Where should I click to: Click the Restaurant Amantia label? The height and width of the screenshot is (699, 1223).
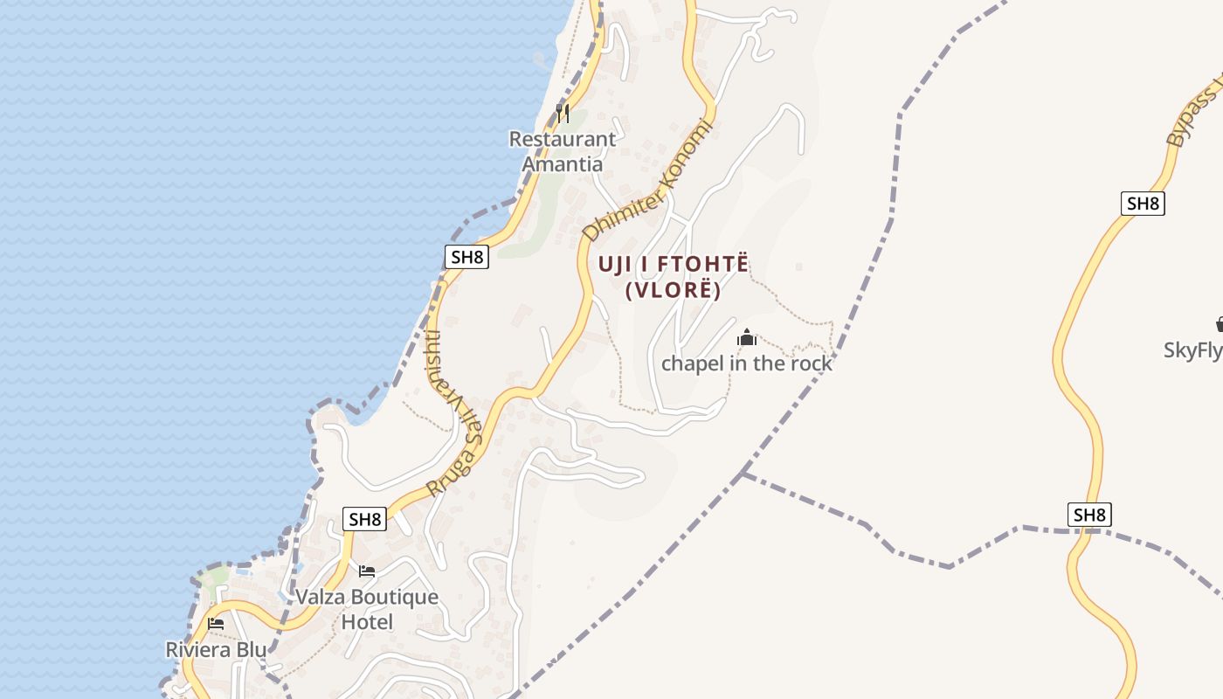(563, 151)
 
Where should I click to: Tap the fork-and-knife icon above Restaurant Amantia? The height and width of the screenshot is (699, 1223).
(563, 113)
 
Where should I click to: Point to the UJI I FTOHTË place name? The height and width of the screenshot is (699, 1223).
(674, 264)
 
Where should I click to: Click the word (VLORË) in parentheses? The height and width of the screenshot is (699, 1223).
(674, 290)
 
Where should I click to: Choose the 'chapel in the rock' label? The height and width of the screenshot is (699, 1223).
(747, 363)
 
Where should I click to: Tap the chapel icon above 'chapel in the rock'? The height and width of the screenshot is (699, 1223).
(747, 337)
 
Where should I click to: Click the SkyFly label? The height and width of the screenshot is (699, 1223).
(1193, 350)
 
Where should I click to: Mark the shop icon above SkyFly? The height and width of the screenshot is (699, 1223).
(1220, 324)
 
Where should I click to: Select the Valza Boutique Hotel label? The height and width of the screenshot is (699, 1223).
(367, 609)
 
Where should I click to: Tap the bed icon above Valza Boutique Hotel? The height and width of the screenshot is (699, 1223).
(367, 571)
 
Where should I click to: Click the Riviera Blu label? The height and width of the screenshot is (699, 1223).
(216, 650)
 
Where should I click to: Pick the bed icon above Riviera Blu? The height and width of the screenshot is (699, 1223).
(216, 624)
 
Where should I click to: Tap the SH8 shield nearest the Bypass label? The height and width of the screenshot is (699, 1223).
(1143, 204)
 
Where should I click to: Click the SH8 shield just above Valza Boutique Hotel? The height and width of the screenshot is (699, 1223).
(364, 519)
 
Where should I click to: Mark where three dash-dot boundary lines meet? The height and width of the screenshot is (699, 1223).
(743, 474)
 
